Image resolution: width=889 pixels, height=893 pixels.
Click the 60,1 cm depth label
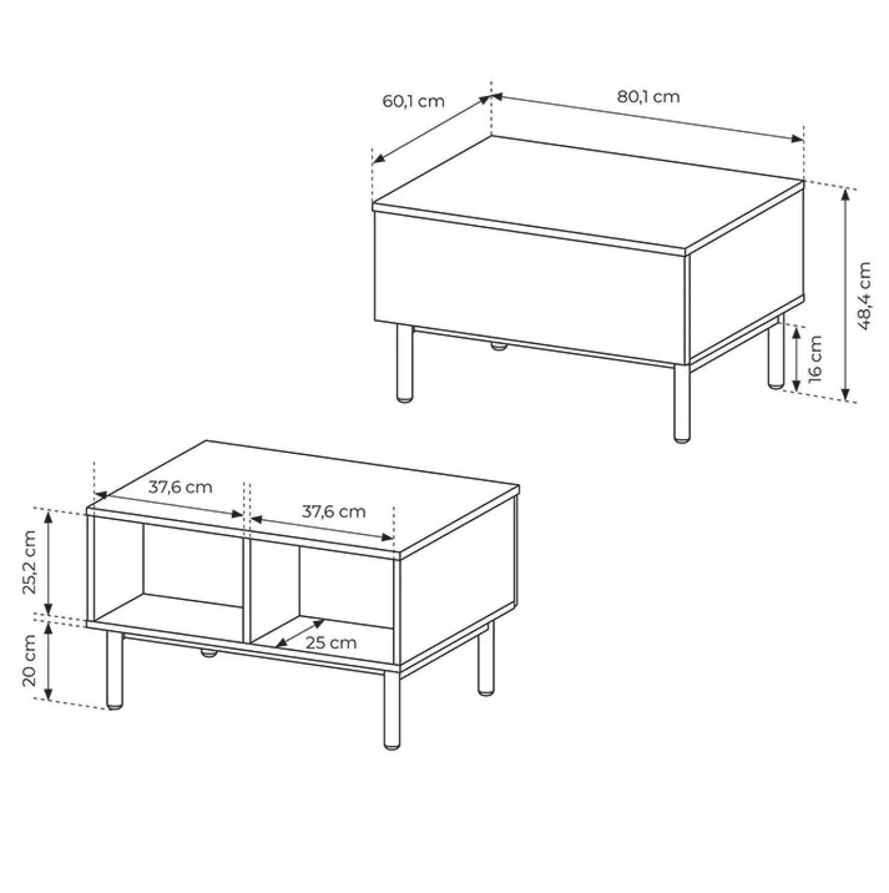point(413,101)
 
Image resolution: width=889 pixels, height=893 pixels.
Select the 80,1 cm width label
point(648,97)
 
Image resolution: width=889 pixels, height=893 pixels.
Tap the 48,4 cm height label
point(864,295)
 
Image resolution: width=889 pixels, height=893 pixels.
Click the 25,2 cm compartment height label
point(30,562)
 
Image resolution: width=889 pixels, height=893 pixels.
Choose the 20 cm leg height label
point(30,660)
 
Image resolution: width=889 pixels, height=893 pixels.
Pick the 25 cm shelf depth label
point(331,643)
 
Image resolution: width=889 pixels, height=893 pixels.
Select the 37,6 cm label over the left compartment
point(180,486)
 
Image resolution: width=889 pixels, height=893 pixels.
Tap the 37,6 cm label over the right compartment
point(333,512)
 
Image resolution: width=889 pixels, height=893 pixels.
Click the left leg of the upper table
point(405,363)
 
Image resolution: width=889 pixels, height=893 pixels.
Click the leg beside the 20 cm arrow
point(114,670)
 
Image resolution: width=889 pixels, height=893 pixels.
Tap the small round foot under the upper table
point(497,347)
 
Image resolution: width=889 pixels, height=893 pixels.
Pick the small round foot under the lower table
point(208,653)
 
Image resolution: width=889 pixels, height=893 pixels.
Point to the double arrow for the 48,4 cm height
point(846,294)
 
